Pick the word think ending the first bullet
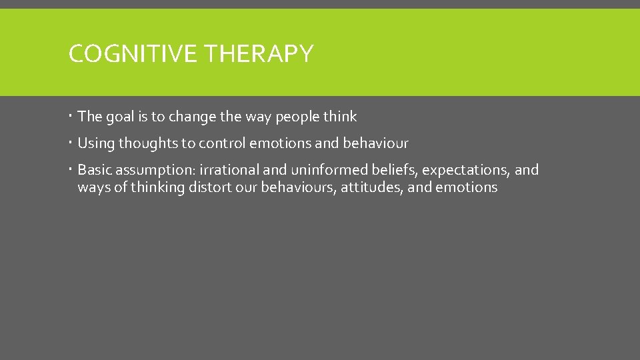(x=340, y=117)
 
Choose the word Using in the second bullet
(x=96, y=143)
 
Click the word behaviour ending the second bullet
(x=375, y=143)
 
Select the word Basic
(x=95, y=170)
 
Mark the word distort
(x=213, y=187)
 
